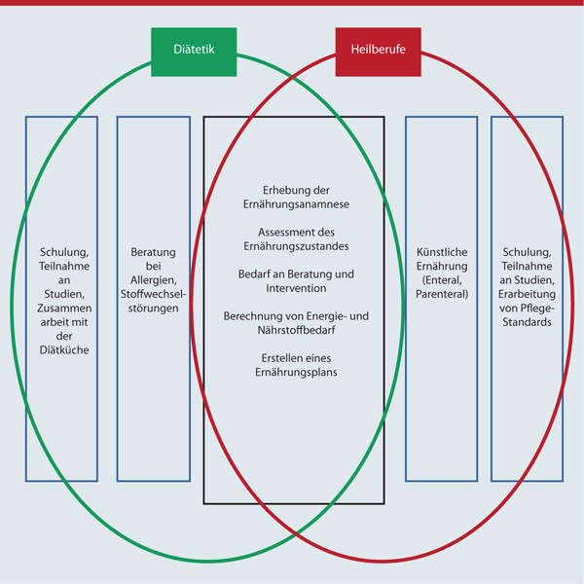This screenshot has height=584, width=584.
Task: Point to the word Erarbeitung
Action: [527, 295]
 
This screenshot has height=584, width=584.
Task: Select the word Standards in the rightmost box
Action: [527, 323]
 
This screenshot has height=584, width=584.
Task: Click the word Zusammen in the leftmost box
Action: [60, 310]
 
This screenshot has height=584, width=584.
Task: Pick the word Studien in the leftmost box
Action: [60, 295]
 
